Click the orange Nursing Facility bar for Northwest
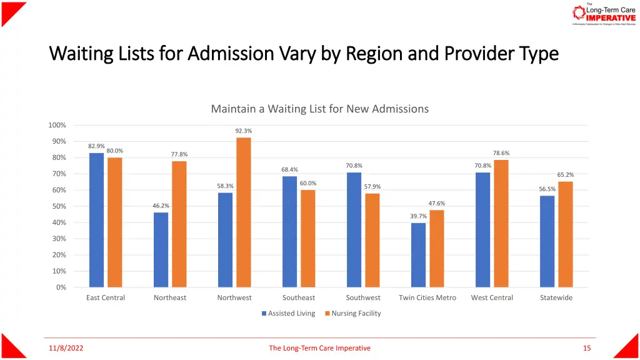click(243, 212)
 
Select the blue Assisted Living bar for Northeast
click(161, 250)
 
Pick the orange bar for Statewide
click(565, 234)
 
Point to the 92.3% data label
click(244, 131)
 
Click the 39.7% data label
click(419, 216)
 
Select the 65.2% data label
click(566, 175)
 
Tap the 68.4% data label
click(289, 169)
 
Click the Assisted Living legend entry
click(288, 313)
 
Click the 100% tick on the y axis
click(57, 125)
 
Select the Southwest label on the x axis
click(363, 297)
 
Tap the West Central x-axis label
click(492, 297)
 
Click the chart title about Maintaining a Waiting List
click(319, 109)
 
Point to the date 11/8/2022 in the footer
click(66, 348)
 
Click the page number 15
click(586, 348)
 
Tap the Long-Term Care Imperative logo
click(604, 14)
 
